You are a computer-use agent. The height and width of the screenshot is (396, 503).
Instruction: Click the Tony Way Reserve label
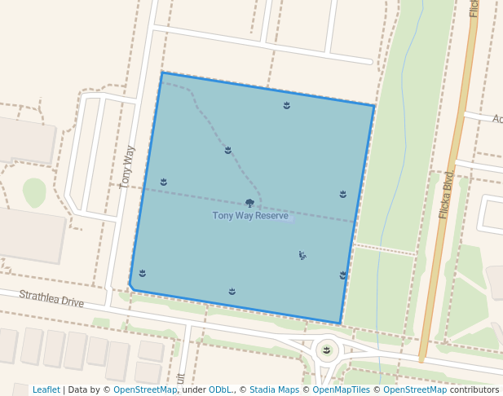click(x=250, y=216)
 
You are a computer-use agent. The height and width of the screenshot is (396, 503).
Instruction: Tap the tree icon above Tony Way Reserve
click(x=249, y=203)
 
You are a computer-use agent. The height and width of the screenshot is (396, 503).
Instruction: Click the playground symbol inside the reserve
click(x=302, y=255)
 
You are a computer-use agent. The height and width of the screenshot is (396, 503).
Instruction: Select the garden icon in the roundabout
click(x=327, y=350)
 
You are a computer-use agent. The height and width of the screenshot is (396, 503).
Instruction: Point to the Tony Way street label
click(x=127, y=167)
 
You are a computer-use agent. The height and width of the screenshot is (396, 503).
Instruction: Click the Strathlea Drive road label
click(x=51, y=299)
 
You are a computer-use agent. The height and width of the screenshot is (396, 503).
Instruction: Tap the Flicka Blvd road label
click(x=447, y=196)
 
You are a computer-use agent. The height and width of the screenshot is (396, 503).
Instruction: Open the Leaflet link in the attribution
click(x=46, y=389)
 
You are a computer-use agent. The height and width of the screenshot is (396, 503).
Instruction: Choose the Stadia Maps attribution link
click(x=274, y=389)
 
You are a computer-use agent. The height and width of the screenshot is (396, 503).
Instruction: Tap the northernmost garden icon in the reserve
click(x=287, y=105)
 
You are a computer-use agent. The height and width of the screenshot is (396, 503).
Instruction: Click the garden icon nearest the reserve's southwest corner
click(x=143, y=273)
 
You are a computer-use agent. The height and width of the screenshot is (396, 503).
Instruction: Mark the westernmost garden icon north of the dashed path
click(x=164, y=182)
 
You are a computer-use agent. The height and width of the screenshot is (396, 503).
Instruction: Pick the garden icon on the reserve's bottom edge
click(x=232, y=291)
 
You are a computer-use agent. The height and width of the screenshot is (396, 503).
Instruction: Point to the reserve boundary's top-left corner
click(x=162, y=73)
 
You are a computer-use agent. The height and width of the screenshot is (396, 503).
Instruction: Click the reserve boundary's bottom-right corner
click(x=340, y=323)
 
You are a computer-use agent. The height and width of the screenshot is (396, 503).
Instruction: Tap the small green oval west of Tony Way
click(x=34, y=191)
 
